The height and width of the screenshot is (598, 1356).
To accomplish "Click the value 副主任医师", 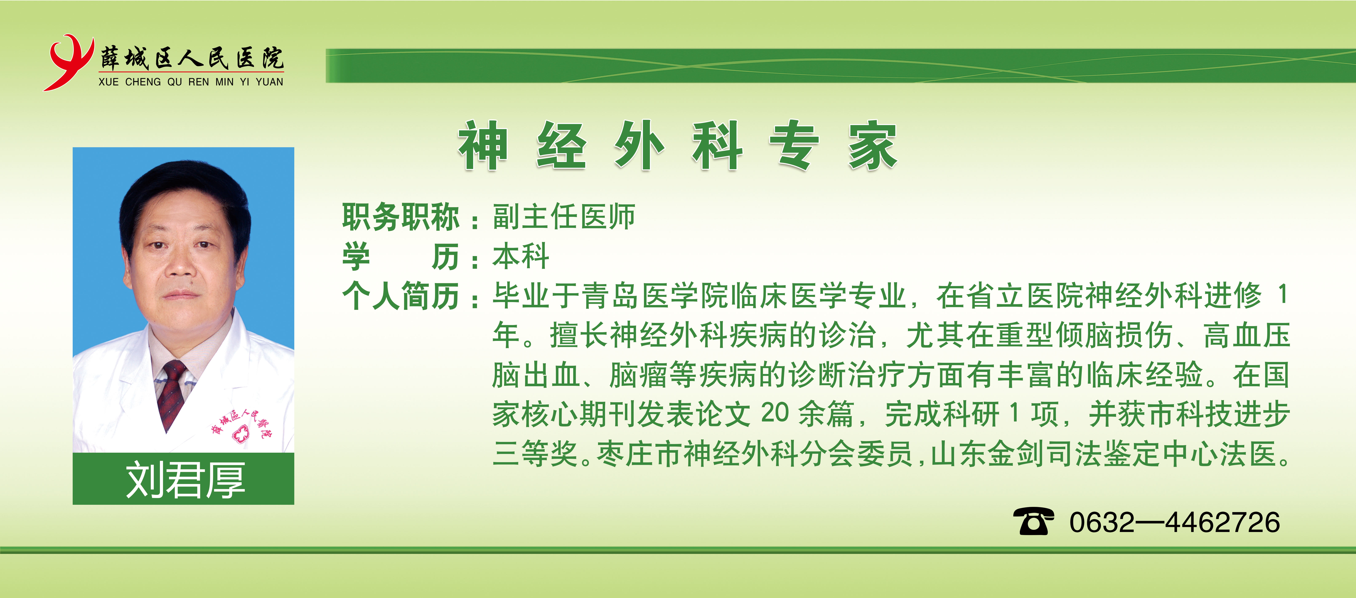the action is point(564,217).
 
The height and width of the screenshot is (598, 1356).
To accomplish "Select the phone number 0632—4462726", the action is point(1174,522).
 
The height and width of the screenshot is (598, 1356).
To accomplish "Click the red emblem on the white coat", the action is point(240,433).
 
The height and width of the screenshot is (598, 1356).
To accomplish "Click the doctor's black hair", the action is point(184,200).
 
